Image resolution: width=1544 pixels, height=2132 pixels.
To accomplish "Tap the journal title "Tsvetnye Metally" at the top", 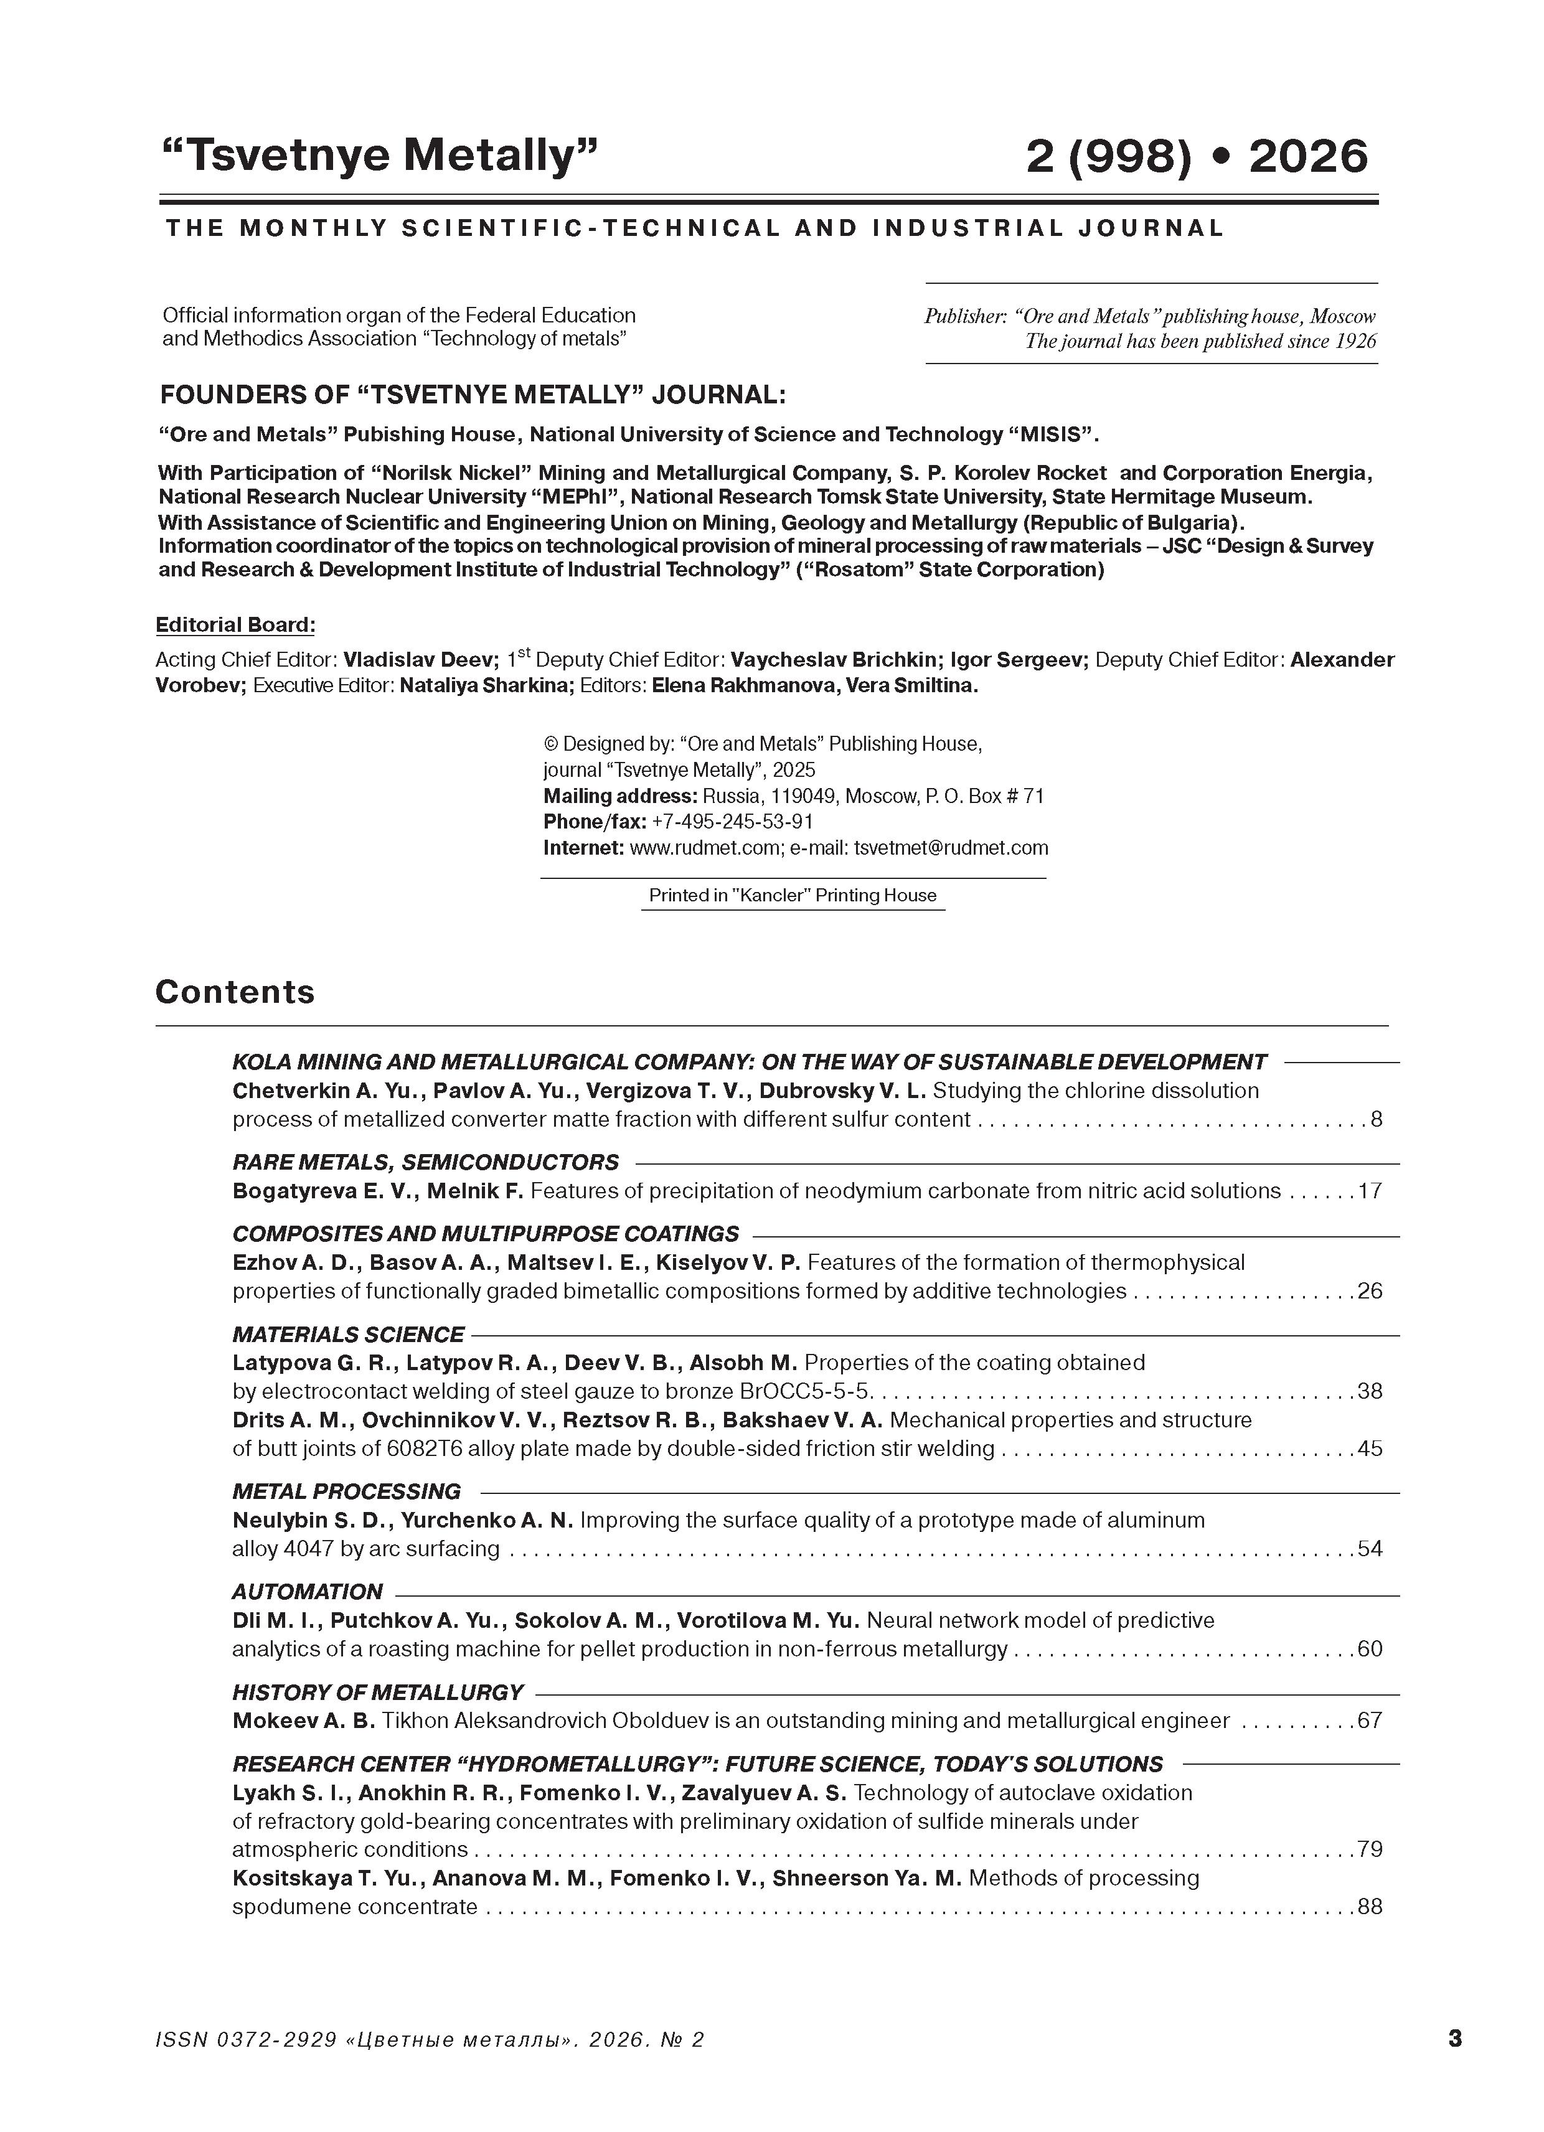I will pyautogui.click(x=381, y=155).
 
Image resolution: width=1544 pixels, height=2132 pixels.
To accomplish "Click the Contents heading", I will pyautogui.click(x=235, y=992).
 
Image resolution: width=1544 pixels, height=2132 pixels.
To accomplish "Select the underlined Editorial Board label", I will pyautogui.click(x=235, y=625).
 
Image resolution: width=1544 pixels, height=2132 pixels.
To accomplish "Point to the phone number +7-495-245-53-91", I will pyautogui.click(x=732, y=822).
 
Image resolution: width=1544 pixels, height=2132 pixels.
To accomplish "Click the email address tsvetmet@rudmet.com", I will pyautogui.click(x=949, y=848).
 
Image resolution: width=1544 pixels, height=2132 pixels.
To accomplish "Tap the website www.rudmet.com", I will pyautogui.click(x=704, y=848).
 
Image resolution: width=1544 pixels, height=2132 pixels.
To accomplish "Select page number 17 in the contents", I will pyautogui.click(x=1370, y=1191).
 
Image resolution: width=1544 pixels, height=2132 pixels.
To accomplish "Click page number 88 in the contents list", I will pyautogui.click(x=1370, y=1907).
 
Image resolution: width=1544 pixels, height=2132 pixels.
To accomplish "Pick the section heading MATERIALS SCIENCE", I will pyautogui.click(x=348, y=1335).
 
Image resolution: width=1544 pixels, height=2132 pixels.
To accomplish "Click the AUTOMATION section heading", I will pyautogui.click(x=308, y=1592).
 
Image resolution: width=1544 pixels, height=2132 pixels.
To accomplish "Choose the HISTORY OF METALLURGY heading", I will pyautogui.click(x=377, y=1692).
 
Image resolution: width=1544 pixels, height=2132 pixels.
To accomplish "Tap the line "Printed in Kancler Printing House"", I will pyautogui.click(x=793, y=896).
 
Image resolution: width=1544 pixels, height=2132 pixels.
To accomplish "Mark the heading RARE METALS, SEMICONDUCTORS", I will pyautogui.click(x=425, y=1163).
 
